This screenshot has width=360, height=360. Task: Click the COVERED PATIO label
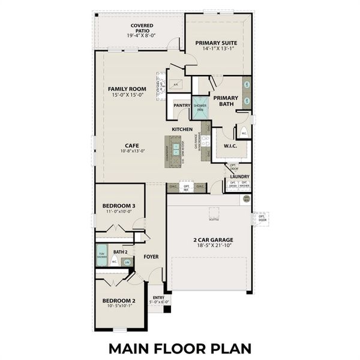coord(141,26)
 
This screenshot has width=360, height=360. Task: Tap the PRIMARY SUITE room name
coord(217,43)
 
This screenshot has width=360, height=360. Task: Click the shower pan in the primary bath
coord(199,106)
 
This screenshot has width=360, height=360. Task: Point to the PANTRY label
coord(182,106)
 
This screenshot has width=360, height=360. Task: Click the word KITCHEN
coord(182,129)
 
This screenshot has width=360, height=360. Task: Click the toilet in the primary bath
coord(244,131)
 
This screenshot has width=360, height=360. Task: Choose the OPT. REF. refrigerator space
coord(187,187)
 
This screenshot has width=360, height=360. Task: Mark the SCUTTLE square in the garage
coord(214,211)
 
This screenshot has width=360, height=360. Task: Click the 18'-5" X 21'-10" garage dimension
coord(209,245)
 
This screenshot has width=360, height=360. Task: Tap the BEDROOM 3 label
coord(119,206)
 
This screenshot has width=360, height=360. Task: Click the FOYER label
coord(151,257)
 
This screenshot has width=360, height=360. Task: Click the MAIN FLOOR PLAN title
coord(179,347)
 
